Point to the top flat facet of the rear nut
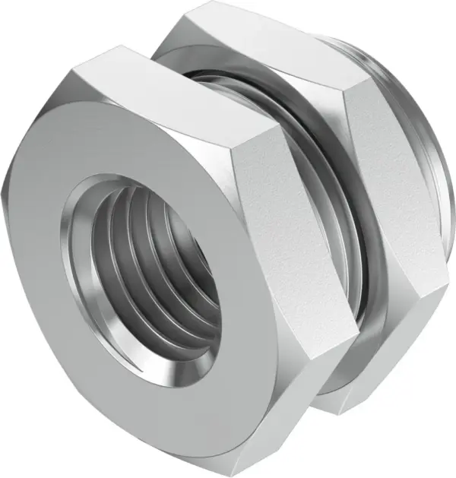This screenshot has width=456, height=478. (251, 38)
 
